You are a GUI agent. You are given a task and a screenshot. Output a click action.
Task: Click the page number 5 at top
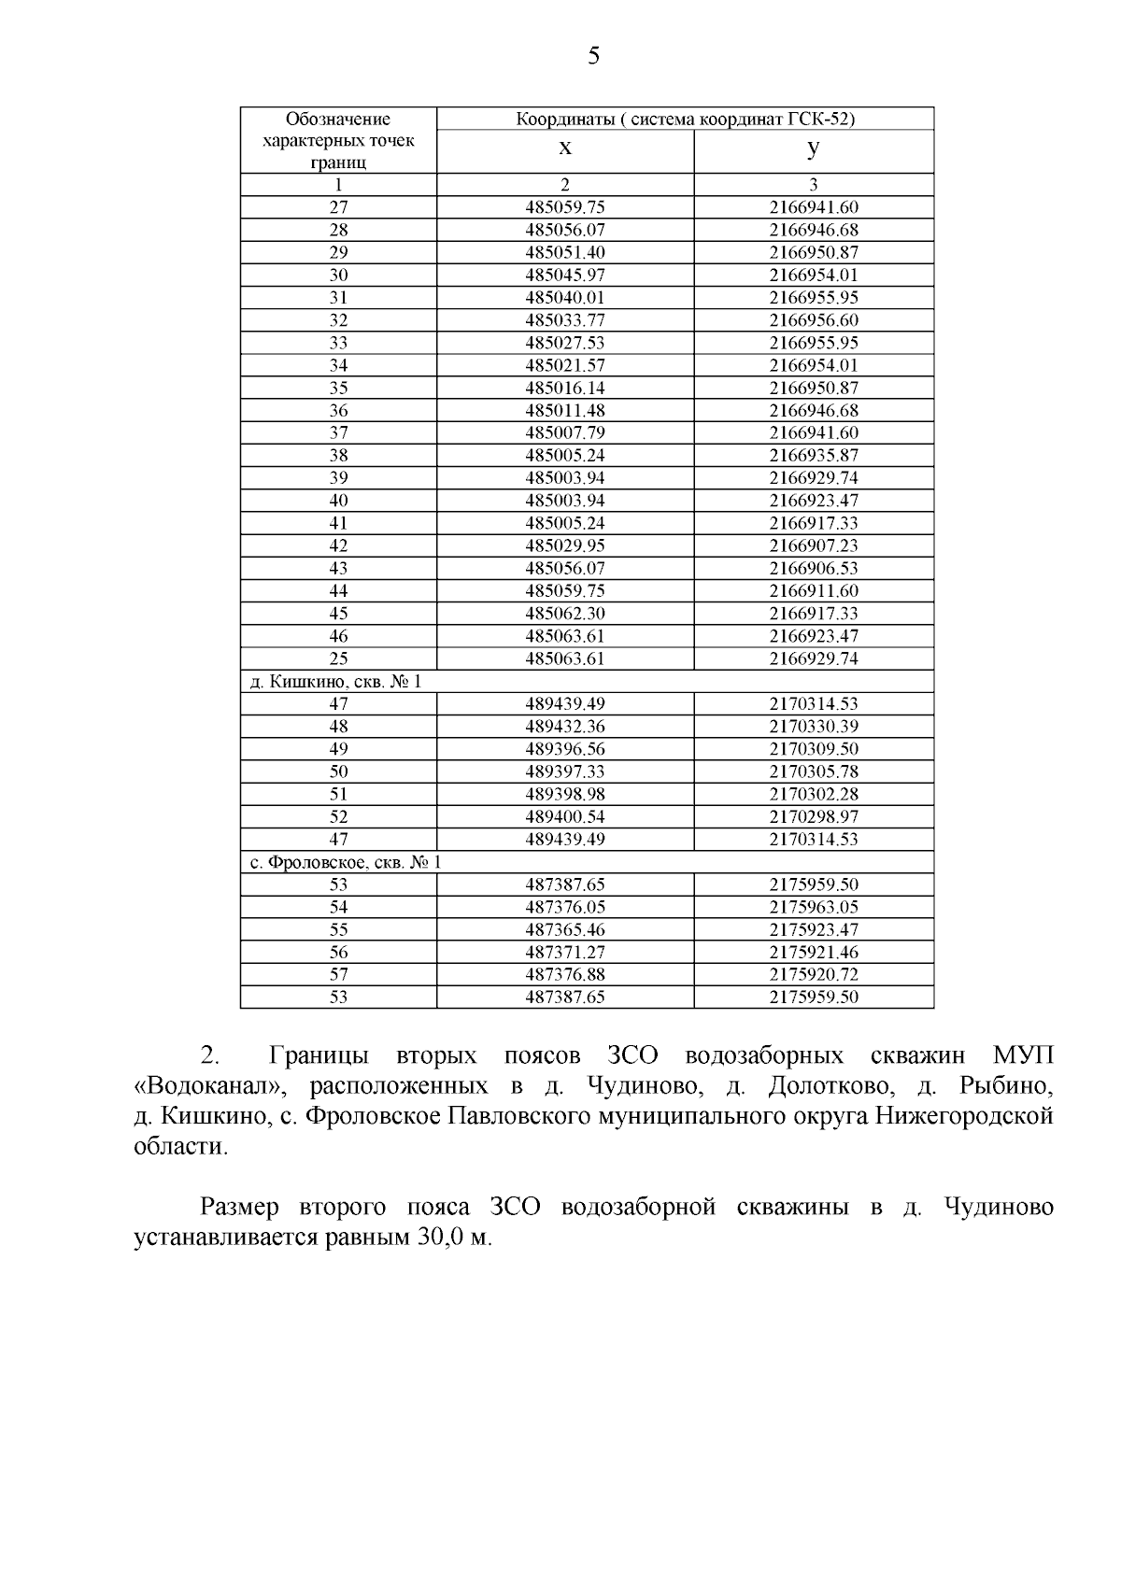point(593,57)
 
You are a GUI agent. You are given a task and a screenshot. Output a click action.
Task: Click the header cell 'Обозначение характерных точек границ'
point(338,140)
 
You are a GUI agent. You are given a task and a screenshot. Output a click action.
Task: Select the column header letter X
point(565,149)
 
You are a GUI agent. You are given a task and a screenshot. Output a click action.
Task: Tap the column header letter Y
point(814,149)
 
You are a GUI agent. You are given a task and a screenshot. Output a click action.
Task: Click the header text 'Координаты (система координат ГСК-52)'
point(686,119)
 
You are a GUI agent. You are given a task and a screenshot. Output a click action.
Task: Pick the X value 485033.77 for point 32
point(565,320)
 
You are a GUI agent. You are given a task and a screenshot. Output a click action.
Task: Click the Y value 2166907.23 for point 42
point(814,545)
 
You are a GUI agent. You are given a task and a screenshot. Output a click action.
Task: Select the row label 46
point(338,636)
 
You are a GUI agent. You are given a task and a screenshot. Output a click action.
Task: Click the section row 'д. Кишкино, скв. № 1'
point(336,681)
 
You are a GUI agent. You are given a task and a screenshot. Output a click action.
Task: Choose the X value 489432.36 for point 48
point(565,727)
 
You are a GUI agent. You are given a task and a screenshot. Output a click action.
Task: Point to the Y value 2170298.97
point(814,816)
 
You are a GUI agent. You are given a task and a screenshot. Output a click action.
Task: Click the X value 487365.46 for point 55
point(565,929)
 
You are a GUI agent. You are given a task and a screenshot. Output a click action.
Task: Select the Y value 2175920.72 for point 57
point(814,974)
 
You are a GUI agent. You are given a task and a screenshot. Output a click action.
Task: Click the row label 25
point(338,658)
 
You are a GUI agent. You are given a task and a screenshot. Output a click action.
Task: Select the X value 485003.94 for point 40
point(565,501)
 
